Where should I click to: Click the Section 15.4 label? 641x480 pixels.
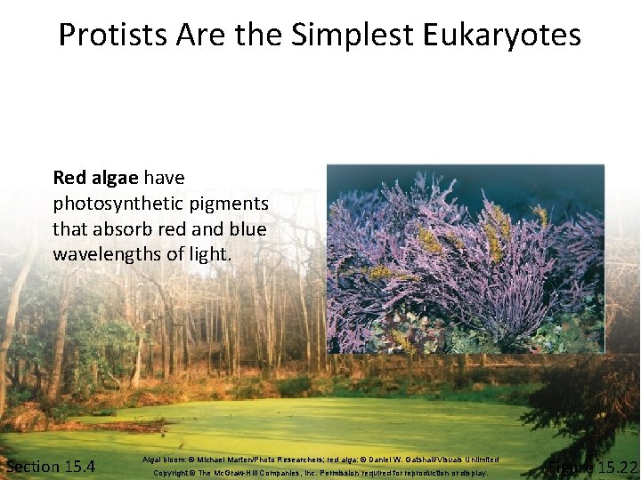(x=51, y=467)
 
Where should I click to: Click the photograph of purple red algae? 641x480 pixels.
(x=465, y=258)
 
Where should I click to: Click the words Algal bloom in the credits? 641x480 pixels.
(x=161, y=460)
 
